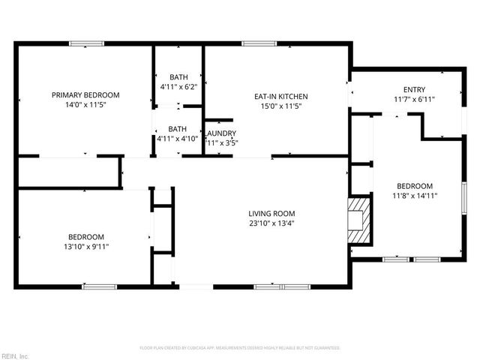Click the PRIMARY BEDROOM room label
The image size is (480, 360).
click(x=85, y=95)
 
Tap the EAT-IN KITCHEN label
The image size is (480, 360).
click(x=281, y=97)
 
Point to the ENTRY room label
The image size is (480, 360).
click(x=414, y=89)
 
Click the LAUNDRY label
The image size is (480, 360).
click(x=221, y=133)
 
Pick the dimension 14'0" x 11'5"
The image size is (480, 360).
click(x=85, y=106)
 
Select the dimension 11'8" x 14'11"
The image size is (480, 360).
click(x=415, y=196)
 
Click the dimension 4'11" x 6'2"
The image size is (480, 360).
click(x=178, y=87)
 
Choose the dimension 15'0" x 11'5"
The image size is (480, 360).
click(x=281, y=106)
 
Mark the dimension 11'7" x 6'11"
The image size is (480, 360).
click(x=414, y=99)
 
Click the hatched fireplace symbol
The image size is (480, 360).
click(x=359, y=220)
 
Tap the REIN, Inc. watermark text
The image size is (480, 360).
click(x=15, y=355)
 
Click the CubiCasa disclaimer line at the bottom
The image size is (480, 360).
click(x=240, y=348)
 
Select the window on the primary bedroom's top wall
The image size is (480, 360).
click(x=86, y=43)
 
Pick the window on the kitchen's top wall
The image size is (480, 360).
click(x=254, y=43)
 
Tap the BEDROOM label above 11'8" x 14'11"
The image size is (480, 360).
click(x=415, y=186)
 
